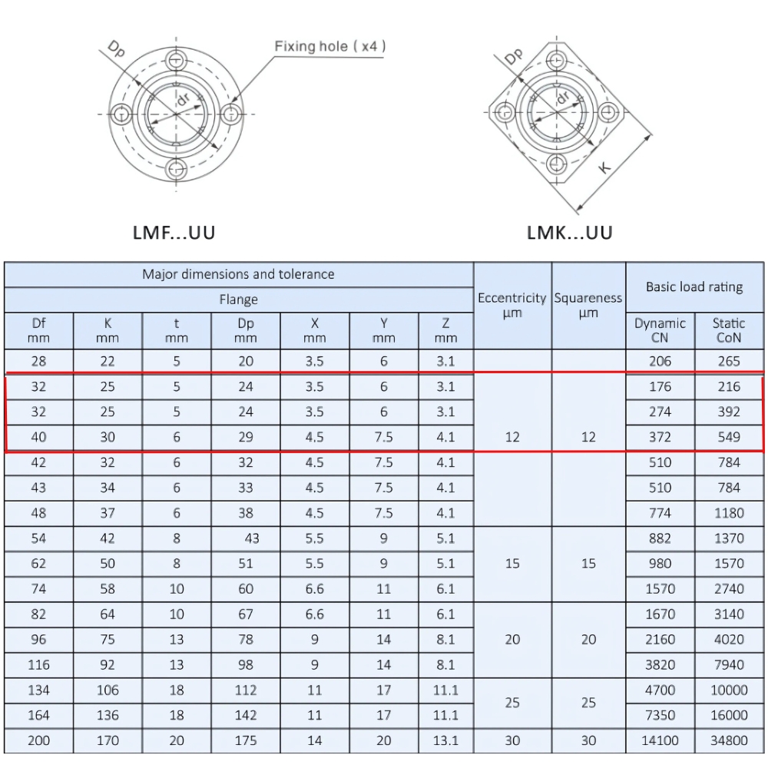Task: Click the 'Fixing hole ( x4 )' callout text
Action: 330,47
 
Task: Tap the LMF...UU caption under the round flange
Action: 174,232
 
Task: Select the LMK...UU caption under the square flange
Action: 570,232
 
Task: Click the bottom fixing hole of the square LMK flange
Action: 557,163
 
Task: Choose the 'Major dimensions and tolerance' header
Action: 238,274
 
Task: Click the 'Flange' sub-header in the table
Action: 238,300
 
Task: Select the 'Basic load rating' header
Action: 694,286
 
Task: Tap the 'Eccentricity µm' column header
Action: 511,305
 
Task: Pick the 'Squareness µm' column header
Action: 588,305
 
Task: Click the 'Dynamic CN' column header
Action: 660,330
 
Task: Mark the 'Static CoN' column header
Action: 728,330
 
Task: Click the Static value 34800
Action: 728,740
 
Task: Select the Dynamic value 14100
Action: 660,740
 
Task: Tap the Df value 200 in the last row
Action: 38,740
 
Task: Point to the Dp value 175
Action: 246,740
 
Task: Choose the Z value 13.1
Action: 445,740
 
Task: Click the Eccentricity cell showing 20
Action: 511,639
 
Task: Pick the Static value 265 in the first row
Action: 728,361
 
